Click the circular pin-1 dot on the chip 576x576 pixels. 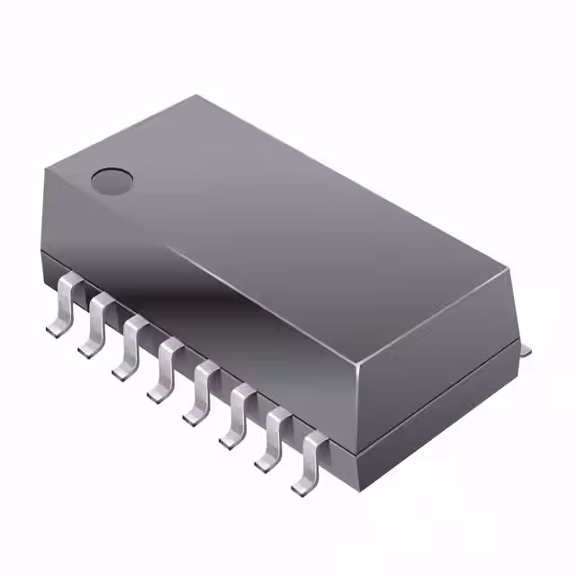coord(112,181)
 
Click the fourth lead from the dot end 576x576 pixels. coord(166,364)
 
